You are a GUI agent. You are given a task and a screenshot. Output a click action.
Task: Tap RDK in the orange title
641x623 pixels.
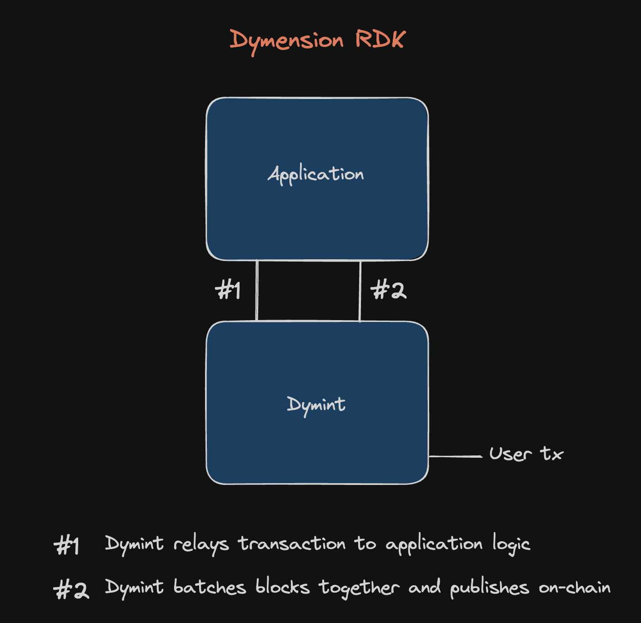pyautogui.click(x=380, y=39)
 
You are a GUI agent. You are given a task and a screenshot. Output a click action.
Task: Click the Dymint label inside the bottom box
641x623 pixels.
pyautogui.click(x=316, y=404)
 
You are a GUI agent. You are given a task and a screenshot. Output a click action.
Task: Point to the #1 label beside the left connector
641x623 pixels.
pyautogui.click(x=228, y=290)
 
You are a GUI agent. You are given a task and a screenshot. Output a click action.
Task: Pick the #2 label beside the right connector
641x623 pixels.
pyautogui.click(x=388, y=290)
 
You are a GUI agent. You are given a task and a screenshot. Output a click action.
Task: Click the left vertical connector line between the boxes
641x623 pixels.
pyautogui.click(x=257, y=291)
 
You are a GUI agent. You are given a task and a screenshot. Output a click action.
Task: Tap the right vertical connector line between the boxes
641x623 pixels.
pyautogui.click(x=360, y=291)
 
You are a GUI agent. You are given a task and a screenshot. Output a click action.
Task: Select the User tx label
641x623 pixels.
pyautogui.click(x=526, y=454)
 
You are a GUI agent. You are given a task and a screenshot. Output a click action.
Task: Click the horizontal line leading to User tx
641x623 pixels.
pyautogui.click(x=455, y=456)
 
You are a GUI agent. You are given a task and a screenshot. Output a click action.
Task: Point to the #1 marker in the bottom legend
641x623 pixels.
pyautogui.click(x=67, y=545)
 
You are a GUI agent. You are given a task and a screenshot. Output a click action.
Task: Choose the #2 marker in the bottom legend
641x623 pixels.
pyautogui.click(x=71, y=589)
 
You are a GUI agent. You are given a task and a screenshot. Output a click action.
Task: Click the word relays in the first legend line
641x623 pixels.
pyautogui.click(x=201, y=544)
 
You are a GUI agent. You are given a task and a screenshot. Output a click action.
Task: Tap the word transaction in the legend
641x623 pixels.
pyautogui.click(x=292, y=544)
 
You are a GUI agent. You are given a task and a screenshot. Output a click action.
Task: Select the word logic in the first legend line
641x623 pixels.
pyautogui.click(x=511, y=544)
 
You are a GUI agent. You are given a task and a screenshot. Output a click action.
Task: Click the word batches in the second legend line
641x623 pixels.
pyautogui.click(x=210, y=587)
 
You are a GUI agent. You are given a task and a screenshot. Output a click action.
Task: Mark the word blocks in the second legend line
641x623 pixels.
pyautogui.click(x=282, y=587)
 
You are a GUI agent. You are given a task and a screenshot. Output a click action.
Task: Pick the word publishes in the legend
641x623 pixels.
pyautogui.click(x=490, y=588)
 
